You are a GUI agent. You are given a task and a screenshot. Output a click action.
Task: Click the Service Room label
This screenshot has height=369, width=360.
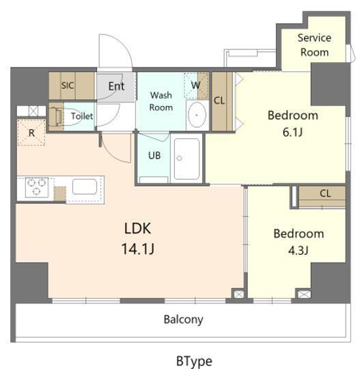pos(314,45)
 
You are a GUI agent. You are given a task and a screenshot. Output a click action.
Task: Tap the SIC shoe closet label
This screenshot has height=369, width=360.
pos(67,85)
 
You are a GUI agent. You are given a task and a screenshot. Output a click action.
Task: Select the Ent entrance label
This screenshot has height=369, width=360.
pos(116,86)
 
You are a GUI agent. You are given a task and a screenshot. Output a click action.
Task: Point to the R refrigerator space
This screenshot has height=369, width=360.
pos(31,133)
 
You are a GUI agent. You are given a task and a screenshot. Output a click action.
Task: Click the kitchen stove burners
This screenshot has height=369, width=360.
pos(36,187)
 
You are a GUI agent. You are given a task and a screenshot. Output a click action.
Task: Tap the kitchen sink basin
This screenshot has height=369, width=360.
pos(85,187)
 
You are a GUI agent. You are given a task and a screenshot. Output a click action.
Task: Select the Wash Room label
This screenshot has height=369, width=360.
pos(161,101)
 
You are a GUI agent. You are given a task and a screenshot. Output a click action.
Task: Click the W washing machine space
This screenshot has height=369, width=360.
pos(197,85)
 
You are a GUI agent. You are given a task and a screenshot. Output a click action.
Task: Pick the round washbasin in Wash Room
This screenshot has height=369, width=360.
pos(197,115)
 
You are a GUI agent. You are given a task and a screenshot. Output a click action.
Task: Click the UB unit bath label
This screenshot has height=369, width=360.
pos(155,155)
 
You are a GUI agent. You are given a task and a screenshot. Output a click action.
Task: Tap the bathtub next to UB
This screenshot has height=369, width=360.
pos(186,158)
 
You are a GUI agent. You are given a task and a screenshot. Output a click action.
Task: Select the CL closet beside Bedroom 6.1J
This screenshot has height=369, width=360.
pos(219,101)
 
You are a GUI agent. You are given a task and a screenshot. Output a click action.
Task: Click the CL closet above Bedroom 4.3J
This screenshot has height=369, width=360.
pos(324,193)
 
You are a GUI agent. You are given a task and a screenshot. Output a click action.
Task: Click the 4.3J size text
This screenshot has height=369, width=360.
pos(299,249)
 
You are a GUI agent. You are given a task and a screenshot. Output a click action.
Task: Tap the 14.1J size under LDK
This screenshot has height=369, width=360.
pos(139,248)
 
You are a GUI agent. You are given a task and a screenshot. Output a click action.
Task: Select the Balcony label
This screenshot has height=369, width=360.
pos(183,319)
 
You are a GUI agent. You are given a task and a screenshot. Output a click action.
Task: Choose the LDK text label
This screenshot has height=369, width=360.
pos(137,228)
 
